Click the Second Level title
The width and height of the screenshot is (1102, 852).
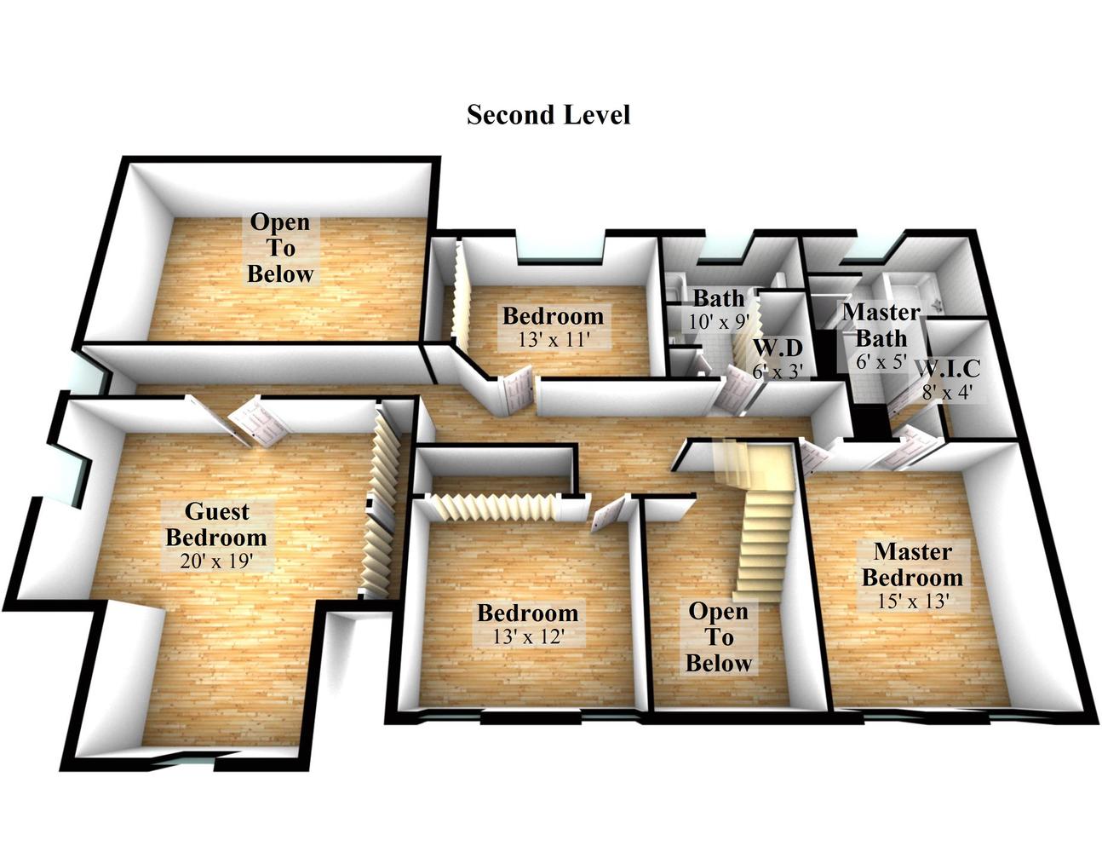548,114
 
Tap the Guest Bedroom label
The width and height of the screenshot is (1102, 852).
216,525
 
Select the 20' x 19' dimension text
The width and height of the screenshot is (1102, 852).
216,561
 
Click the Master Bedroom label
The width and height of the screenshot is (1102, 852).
912,564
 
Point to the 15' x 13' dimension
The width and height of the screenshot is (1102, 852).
912,601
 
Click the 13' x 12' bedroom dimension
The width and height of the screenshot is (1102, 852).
528,636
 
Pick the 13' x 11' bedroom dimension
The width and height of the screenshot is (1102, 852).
553,339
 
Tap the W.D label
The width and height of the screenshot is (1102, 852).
778,348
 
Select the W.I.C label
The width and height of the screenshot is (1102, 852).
947,370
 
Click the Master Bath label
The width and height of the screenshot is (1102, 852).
881,325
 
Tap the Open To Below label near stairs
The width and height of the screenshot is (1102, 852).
719,637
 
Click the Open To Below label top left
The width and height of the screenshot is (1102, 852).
280,248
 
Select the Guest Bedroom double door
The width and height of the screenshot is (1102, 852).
254,423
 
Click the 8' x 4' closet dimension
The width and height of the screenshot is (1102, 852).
947,394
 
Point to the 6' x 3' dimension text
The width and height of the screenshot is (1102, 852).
778,372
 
